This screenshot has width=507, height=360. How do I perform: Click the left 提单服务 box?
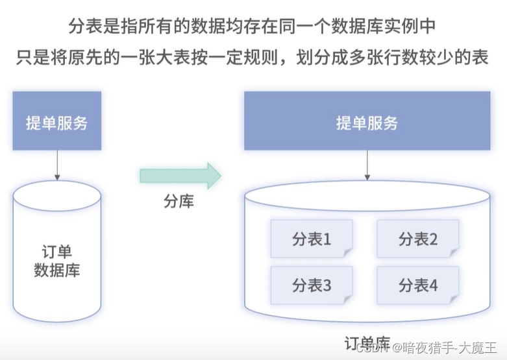57,121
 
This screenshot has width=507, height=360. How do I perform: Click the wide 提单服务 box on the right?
367,121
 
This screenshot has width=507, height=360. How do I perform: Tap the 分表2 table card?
417,239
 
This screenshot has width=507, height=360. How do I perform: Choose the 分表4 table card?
417,285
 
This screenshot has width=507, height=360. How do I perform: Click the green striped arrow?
180,176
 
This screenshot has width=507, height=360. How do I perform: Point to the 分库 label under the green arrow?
178,201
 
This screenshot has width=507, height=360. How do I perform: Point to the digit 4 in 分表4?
434,285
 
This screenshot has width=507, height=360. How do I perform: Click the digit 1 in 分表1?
327,239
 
